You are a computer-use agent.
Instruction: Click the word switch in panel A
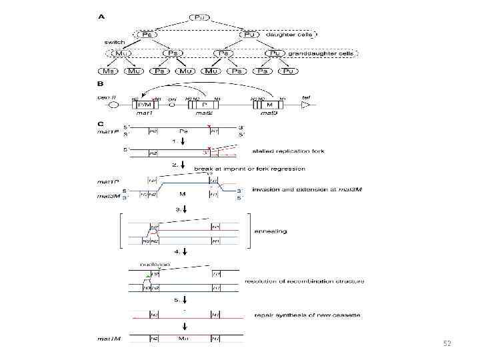click(x=114, y=42)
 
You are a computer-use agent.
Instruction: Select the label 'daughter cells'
click(x=285, y=33)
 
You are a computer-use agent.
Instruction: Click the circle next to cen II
click(x=113, y=105)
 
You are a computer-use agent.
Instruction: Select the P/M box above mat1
click(x=144, y=105)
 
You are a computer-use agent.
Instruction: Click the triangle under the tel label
click(x=307, y=105)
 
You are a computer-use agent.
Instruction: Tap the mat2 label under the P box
click(x=203, y=113)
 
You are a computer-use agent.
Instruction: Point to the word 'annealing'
click(x=270, y=231)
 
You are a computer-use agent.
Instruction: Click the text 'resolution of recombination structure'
click(x=305, y=281)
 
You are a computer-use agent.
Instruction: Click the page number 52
click(x=447, y=343)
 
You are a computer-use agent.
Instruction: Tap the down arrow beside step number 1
click(x=182, y=142)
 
